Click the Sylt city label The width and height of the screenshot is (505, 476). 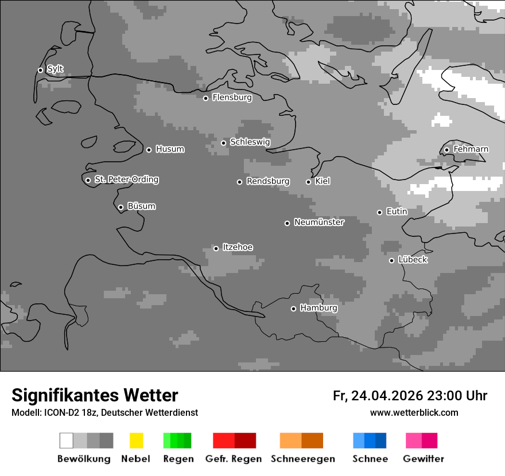(55, 69)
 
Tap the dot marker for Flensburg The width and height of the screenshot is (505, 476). (205, 98)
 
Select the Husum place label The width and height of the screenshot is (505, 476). (170, 149)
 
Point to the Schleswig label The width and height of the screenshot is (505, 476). (250, 142)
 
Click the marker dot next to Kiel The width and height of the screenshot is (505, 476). (308, 182)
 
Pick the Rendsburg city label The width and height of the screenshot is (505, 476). (268, 181)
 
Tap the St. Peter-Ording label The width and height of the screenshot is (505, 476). (126, 180)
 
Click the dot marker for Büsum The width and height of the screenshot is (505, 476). (121, 207)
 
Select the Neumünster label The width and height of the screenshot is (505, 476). (319, 223)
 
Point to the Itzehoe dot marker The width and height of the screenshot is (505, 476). (216, 248)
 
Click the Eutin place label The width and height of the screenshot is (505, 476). (397, 212)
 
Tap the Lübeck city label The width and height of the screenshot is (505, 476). (413, 260)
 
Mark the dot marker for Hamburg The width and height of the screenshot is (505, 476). (293, 309)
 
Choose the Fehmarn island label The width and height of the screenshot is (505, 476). (471, 149)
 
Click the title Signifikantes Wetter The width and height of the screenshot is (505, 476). (95, 396)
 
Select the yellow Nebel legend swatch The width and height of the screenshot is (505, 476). (136, 440)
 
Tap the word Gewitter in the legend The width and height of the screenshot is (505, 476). (424, 459)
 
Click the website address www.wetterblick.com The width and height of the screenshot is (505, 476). (414, 412)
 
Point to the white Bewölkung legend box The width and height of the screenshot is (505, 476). (66, 440)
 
